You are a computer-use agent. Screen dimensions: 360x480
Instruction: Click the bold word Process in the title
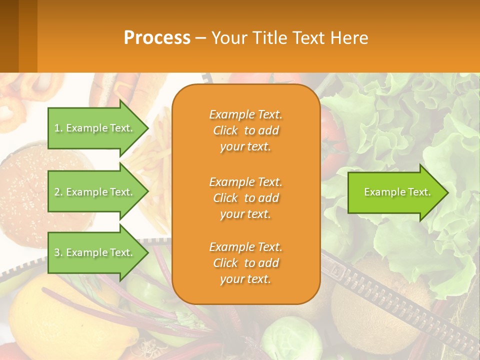coord(157,38)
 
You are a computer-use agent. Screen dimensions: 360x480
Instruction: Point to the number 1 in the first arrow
coord(56,128)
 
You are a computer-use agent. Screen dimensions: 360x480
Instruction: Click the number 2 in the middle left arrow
coord(57,192)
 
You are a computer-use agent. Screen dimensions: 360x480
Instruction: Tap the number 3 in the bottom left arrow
coord(57,252)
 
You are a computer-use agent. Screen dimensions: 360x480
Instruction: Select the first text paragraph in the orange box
coord(246,130)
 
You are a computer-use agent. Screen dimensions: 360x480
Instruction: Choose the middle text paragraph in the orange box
coord(246,198)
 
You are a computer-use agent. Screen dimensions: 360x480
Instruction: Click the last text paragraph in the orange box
coord(246,263)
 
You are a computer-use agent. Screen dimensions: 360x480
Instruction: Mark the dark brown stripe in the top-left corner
coord(9,36)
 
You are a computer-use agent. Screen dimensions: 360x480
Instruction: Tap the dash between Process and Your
coord(200,38)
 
